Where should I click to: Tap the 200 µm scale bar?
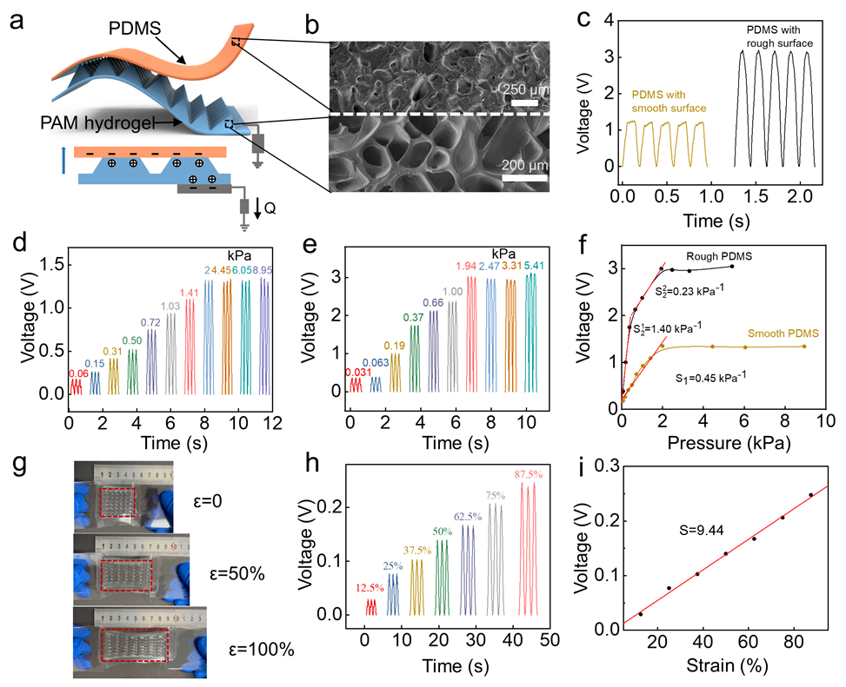pos(523,178)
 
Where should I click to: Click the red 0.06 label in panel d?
pos(78,373)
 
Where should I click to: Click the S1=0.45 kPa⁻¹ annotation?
pos(712,379)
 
